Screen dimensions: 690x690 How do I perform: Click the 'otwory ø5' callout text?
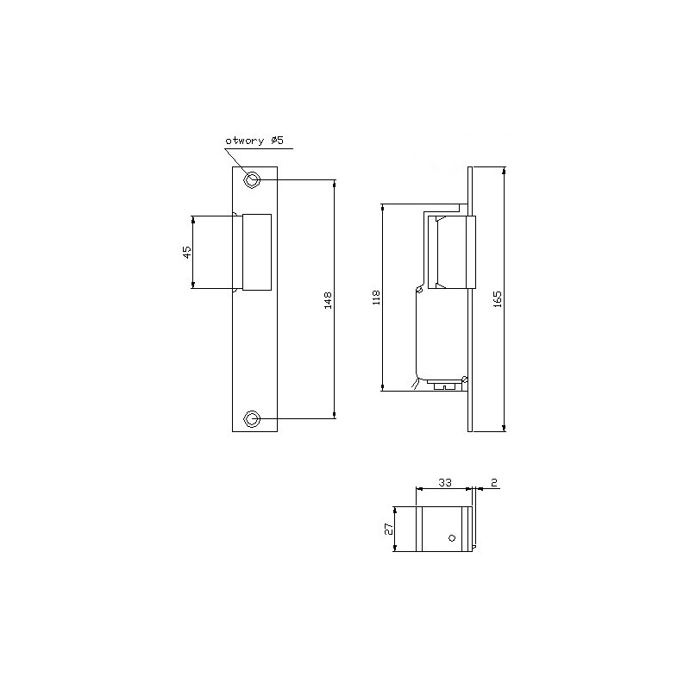tap(254, 140)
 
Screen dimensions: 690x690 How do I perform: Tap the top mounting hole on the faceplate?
tap(252, 179)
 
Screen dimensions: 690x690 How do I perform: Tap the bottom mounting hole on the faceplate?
tap(252, 419)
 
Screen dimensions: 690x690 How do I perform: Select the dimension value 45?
tap(186, 252)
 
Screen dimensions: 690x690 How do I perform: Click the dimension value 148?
tap(327, 299)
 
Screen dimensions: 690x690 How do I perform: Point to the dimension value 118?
tap(375, 298)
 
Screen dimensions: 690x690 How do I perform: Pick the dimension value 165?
tap(498, 298)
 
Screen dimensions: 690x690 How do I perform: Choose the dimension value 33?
tap(444, 483)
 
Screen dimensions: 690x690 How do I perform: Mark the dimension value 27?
tap(389, 529)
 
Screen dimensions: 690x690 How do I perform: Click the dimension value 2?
tap(494, 483)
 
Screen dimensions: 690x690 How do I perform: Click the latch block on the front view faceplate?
tap(258, 252)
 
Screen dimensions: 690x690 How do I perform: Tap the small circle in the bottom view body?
tap(450, 537)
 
